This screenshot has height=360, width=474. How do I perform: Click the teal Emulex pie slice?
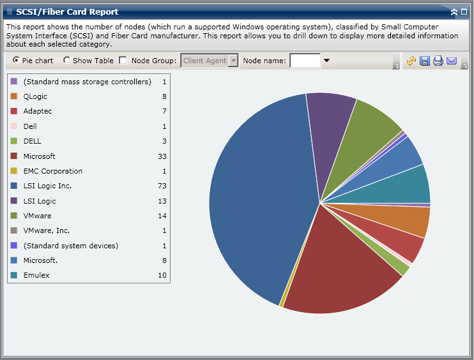click(x=409, y=185)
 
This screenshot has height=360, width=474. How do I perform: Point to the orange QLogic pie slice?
click(x=409, y=221)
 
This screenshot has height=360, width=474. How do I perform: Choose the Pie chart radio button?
click(x=16, y=61)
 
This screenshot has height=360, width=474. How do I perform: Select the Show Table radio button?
click(x=67, y=61)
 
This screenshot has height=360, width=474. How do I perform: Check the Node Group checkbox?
click(x=123, y=61)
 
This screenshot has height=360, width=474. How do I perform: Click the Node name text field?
click(x=305, y=61)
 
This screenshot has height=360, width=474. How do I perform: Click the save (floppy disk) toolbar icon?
click(x=425, y=61)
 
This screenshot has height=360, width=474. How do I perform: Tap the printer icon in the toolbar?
click(x=438, y=61)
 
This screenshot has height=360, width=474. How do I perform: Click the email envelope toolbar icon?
click(x=452, y=61)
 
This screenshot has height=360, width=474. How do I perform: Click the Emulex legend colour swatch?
click(x=14, y=275)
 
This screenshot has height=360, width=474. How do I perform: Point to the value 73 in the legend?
click(x=162, y=186)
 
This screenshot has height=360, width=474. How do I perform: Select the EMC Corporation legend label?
click(x=53, y=171)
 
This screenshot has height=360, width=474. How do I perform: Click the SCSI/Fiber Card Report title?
click(x=67, y=11)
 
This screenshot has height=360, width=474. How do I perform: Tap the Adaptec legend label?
click(x=38, y=111)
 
